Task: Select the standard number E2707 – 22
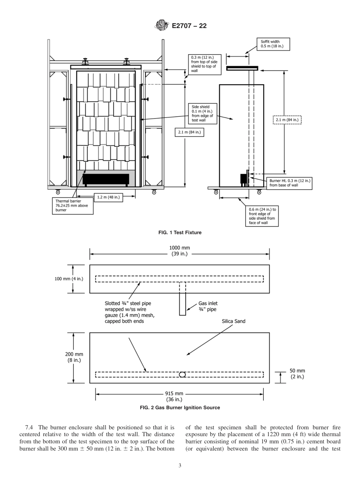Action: [189, 26]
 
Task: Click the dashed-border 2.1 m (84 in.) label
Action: [287, 120]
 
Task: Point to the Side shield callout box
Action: [203, 114]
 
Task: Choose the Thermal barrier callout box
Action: [72, 205]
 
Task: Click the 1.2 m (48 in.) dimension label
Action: [108, 197]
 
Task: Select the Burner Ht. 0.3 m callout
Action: [290, 183]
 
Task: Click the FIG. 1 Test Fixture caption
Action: [180, 233]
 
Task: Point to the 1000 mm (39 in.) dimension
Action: [180, 251]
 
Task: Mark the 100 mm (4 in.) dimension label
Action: [69, 279]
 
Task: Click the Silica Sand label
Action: [233, 321]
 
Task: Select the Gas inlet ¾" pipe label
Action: [208, 306]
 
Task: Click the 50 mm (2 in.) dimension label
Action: [297, 374]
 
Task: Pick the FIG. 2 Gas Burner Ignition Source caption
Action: [180, 408]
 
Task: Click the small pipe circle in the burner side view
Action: [182, 375]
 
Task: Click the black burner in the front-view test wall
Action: [106, 179]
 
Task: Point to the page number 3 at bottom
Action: [180, 466]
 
